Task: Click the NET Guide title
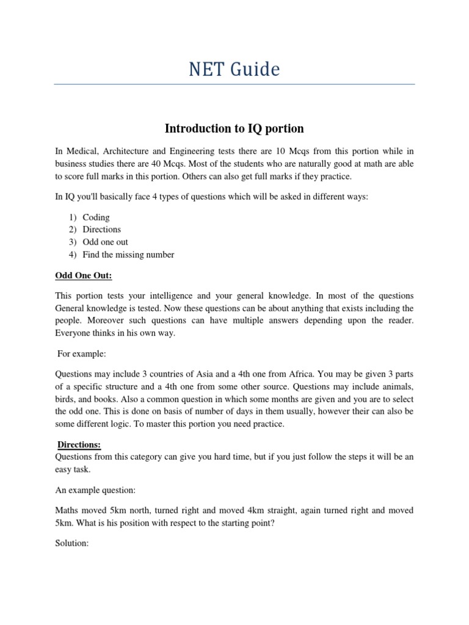[x=234, y=70]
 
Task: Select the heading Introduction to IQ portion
[x=234, y=129]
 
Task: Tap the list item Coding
[x=96, y=217]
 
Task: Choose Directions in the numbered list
[x=102, y=229]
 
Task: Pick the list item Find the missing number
[x=128, y=255]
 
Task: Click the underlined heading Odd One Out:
[x=83, y=275]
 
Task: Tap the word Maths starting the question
[x=68, y=510]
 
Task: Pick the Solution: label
[x=72, y=543]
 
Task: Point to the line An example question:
[x=96, y=490]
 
